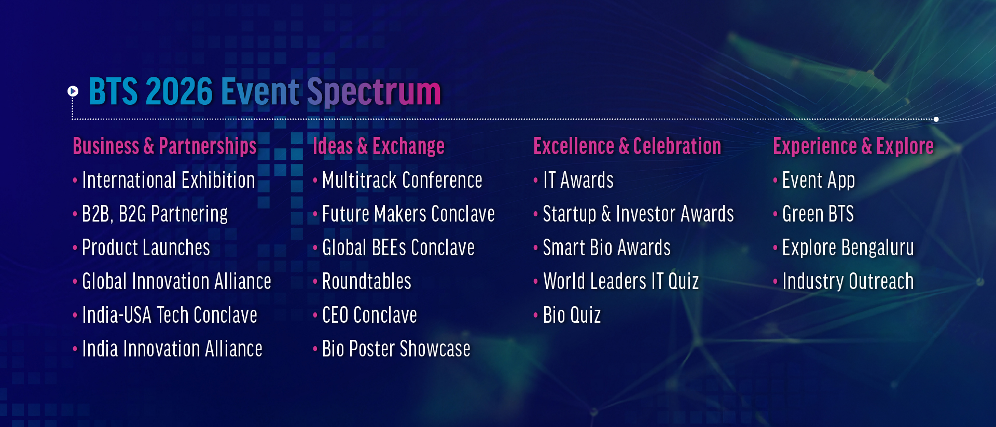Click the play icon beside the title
click(73, 91)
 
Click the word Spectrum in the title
click(374, 92)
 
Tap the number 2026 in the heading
click(179, 91)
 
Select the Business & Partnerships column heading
click(164, 146)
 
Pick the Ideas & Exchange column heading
click(379, 146)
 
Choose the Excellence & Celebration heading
click(627, 146)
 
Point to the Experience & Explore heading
click(853, 146)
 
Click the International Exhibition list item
click(169, 181)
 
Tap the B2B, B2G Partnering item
click(155, 214)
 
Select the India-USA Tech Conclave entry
click(170, 315)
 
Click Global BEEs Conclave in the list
click(398, 248)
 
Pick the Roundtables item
click(367, 282)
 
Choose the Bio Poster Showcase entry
click(396, 349)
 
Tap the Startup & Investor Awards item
click(639, 214)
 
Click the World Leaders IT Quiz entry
click(621, 282)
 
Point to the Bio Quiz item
click(572, 315)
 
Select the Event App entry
click(819, 181)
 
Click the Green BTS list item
click(818, 214)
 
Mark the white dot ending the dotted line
click(936, 119)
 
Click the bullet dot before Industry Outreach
click(775, 282)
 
